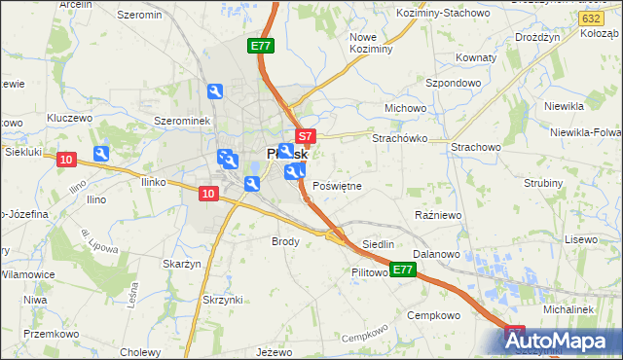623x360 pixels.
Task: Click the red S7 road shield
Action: pyautogui.click(x=305, y=137)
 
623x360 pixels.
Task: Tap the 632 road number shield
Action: pyautogui.click(x=588, y=18)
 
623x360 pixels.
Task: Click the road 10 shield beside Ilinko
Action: pyautogui.click(x=207, y=194)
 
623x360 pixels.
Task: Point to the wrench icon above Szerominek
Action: pyautogui.click(x=216, y=91)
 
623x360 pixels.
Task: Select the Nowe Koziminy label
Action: pyautogui.click(x=370, y=42)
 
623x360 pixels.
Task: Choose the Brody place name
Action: pyautogui.click(x=285, y=240)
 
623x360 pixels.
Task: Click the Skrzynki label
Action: pyautogui.click(x=223, y=299)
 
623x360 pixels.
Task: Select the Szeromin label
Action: pyautogui.click(x=139, y=15)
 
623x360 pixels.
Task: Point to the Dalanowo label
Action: pyautogui.click(x=436, y=253)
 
